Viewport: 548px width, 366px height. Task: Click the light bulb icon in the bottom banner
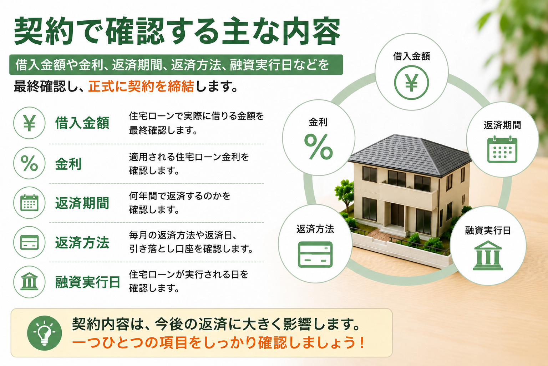[44, 333]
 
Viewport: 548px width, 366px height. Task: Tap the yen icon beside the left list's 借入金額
[29, 123]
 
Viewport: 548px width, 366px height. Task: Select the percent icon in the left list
[29, 163]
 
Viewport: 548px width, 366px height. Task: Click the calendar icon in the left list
[29, 203]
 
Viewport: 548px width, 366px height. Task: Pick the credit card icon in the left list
[29, 242]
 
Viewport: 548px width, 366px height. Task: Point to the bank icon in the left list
[29, 282]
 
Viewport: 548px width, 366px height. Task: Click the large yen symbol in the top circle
[411, 82]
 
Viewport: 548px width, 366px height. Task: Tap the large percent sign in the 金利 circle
[318, 147]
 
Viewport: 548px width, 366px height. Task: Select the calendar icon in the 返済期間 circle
[502, 149]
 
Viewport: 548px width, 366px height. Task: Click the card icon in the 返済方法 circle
[315, 254]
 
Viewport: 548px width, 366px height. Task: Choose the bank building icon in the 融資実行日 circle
[488, 256]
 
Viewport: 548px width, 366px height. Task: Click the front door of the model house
[397, 215]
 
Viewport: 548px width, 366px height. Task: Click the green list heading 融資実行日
[87, 282]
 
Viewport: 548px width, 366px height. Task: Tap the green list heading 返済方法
[82, 243]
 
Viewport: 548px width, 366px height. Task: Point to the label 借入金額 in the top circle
[411, 56]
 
